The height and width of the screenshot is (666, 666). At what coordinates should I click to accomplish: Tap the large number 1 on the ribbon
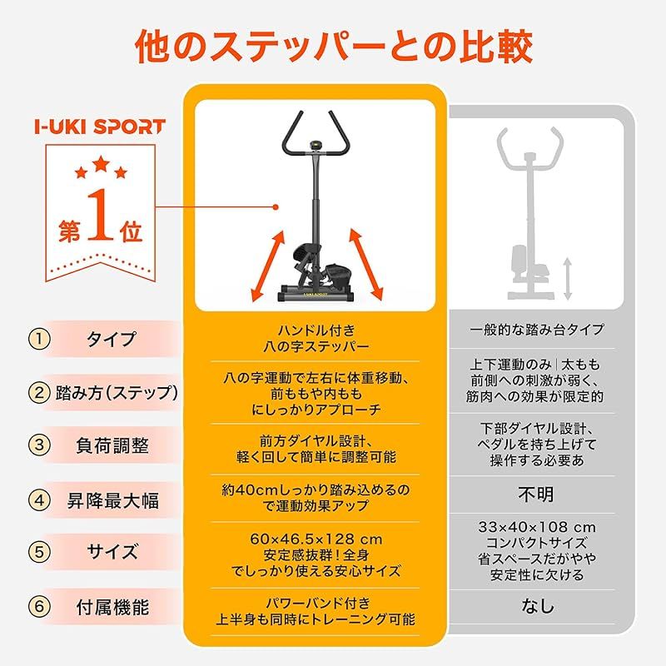tap(98, 218)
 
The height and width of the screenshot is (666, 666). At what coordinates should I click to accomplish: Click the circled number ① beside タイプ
tap(39, 340)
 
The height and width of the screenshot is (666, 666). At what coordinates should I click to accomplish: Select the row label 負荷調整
tap(117, 445)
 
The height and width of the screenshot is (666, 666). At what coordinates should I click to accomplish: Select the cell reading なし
tap(536, 606)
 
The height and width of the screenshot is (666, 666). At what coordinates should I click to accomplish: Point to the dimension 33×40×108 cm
tap(538, 527)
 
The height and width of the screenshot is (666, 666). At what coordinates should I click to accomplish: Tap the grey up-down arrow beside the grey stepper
tap(567, 278)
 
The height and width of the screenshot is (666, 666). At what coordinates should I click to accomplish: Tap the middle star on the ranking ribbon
tap(101, 160)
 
